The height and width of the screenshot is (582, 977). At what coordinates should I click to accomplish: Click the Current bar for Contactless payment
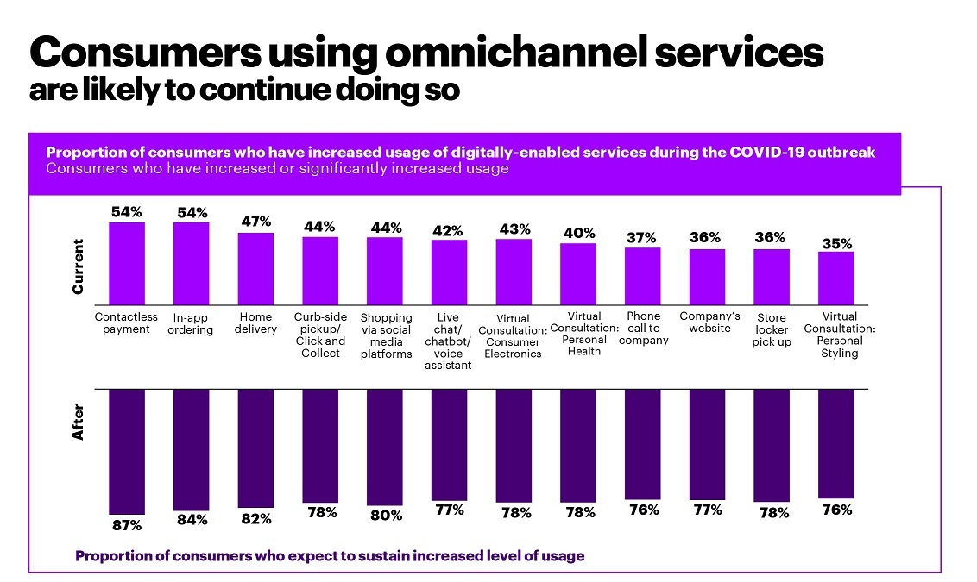[x=126, y=263]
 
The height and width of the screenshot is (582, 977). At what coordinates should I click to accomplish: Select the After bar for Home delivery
[x=255, y=447]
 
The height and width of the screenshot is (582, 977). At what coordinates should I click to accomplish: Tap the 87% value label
[x=126, y=524]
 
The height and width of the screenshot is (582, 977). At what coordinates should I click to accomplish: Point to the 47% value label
[x=255, y=222]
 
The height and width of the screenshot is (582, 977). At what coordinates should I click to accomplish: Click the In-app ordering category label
[x=190, y=323]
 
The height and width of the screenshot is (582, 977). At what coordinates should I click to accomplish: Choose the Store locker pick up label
[x=771, y=330]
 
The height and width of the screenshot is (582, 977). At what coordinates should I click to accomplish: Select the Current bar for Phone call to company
[x=642, y=276]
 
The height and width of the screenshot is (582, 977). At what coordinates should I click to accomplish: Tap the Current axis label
[x=79, y=266]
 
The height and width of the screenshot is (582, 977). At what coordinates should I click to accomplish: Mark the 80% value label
[x=386, y=516]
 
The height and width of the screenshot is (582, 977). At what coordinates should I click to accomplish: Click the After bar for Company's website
[x=707, y=444]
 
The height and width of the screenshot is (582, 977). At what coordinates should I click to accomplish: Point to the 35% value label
[x=835, y=242]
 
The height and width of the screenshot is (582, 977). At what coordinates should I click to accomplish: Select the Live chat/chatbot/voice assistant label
[x=448, y=341]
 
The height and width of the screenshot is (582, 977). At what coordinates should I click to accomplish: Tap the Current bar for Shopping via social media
[x=384, y=271]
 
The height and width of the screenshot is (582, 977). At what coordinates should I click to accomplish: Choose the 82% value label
[x=255, y=519]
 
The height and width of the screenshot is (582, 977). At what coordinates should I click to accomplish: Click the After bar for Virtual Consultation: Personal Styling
[x=835, y=443]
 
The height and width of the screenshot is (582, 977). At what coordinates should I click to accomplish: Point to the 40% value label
[x=578, y=233]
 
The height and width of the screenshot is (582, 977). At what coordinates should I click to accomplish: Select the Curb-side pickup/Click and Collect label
[x=320, y=335]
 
